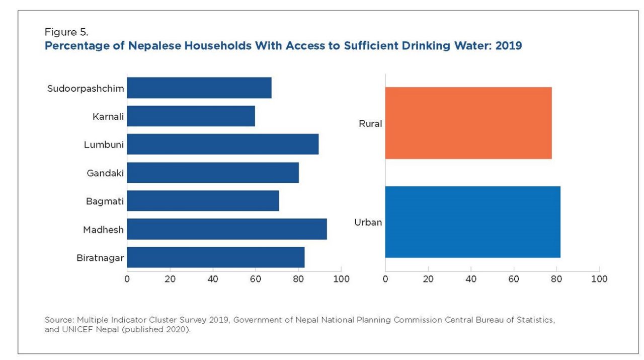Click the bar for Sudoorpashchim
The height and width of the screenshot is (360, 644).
coord(199,88)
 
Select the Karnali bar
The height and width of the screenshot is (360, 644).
coord(191,116)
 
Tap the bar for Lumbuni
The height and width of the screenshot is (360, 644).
coord(222,145)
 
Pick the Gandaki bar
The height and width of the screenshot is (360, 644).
coord(212,173)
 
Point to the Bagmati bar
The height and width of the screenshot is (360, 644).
coord(203,201)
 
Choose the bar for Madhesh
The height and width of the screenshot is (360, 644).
coord(226,229)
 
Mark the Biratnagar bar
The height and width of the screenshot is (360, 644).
coord(215,257)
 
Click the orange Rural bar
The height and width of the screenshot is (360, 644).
coord(468,123)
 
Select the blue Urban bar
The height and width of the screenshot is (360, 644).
coord(472,222)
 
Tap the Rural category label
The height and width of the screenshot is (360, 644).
coord(370,123)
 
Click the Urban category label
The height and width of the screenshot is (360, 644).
coord(368,222)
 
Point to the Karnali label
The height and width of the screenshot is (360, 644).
coord(108,117)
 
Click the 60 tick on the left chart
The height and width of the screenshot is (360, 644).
coord(256,279)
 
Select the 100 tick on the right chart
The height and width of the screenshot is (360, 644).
coord(599,279)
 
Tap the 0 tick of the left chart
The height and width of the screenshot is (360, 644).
coord(127,279)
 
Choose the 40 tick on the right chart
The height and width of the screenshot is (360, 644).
coord(471,279)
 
